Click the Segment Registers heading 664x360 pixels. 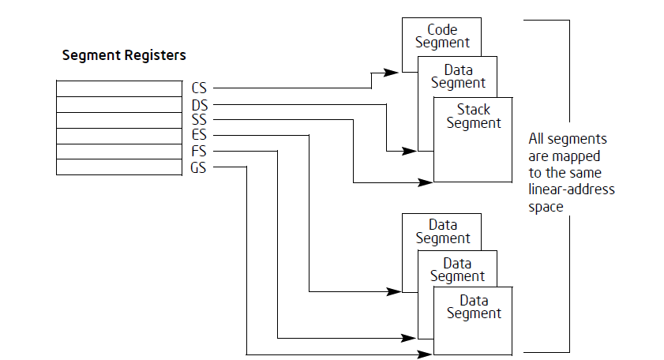[124, 56]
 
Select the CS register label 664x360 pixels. [198, 88]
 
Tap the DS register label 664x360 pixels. [198, 103]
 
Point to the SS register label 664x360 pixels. [198, 119]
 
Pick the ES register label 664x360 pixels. [198, 135]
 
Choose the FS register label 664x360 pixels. [198, 151]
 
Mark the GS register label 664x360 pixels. [198, 167]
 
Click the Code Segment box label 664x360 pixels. [442, 36]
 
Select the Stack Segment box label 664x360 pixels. [474, 116]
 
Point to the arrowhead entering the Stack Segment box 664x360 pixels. [426, 182]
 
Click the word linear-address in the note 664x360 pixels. [571, 190]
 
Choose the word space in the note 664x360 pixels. [546, 207]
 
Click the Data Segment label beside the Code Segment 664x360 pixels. [458, 77]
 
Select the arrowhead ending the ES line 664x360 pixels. [395, 291]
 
